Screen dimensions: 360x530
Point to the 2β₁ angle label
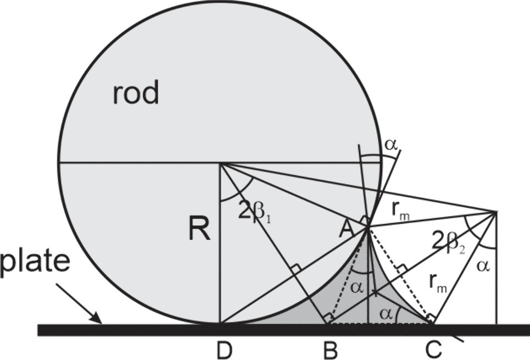pyautogui.click(x=255, y=210)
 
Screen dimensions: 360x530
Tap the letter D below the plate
pyautogui.click(x=221, y=350)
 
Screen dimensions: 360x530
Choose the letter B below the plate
pyautogui.click(x=330, y=350)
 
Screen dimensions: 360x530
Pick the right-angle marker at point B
pyautogui.click(x=328, y=318)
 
